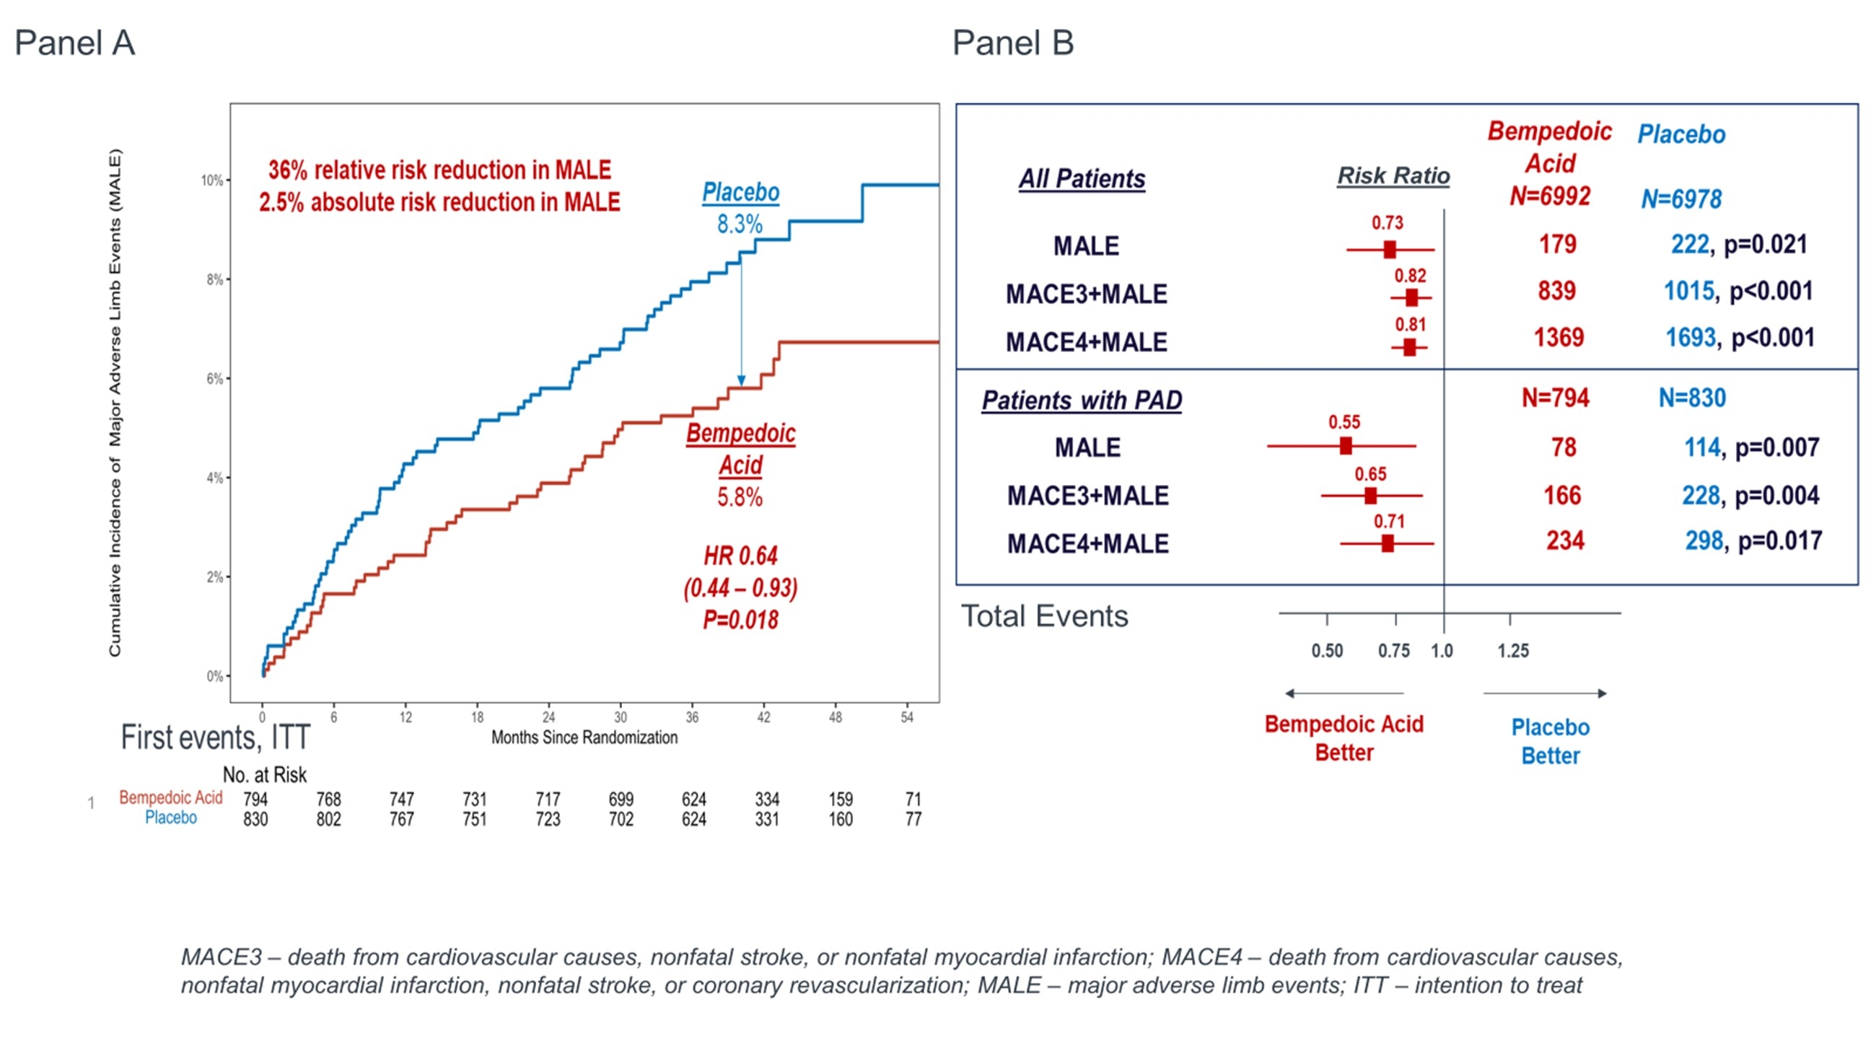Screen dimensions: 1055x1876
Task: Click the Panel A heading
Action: pyautogui.click(x=74, y=43)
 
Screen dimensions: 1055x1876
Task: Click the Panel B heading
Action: pyautogui.click(x=1013, y=43)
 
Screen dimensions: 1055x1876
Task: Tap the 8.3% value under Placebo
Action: pyautogui.click(x=740, y=224)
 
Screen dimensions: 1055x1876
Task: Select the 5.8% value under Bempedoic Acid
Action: pyautogui.click(x=740, y=497)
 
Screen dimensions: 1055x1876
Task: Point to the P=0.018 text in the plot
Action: pyautogui.click(x=740, y=620)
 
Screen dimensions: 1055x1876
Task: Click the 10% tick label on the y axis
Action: pyautogui.click(x=212, y=180)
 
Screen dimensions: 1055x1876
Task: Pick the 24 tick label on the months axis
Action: pyautogui.click(x=548, y=717)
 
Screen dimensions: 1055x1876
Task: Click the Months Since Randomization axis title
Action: pyautogui.click(x=584, y=737)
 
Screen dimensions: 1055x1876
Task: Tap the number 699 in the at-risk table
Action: pyautogui.click(x=621, y=800)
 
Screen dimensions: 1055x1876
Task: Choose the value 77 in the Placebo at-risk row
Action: pyautogui.click(x=913, y=819)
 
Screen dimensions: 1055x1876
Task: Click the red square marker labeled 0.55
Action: pyautogui.click(x=1346, y=445)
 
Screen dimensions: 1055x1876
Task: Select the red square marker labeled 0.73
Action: pyautogui.click(x=1390, y=250)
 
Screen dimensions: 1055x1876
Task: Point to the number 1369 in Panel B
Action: pyautogui.click(x=1559, y=338)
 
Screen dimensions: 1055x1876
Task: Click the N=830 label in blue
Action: pyautogui.click(x=1692, y=398)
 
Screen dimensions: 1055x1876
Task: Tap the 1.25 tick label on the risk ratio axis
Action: pyautogui.click(x=1512, y=651)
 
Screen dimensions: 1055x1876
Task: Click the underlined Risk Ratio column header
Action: pyautogui.click(x=1393, y=176)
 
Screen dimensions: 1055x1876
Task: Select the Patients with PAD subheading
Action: pyautogui.click(x=1082, y=400)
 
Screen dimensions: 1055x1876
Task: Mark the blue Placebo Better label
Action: pyautogui.click(x=1551, y=741)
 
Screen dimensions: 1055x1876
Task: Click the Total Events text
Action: pyautogui.click(x=1044, y=617)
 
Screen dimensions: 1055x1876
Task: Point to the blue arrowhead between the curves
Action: pyautogui.click(x=741, y=381)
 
